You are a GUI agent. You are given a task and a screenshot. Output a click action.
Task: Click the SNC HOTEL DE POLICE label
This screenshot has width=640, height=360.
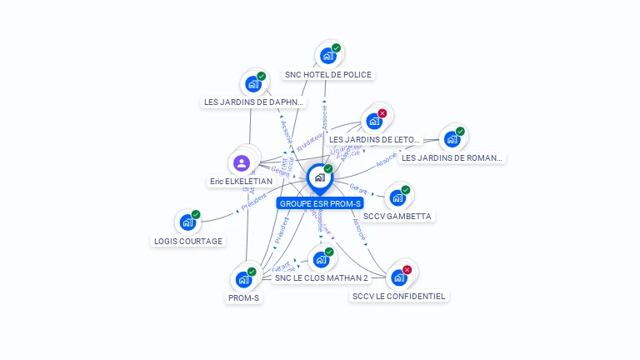pyautogui.click(x=327, y=74)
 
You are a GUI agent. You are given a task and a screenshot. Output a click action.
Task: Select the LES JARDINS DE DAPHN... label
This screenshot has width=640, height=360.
pyautogui.click(x=254, y=102)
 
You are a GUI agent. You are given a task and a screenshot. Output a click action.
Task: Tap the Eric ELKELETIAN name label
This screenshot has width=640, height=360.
pyautogui.click(x=241, y=181)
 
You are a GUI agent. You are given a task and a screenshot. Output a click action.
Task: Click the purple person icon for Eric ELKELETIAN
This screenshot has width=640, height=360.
pyautogui.click(x=242, y=162)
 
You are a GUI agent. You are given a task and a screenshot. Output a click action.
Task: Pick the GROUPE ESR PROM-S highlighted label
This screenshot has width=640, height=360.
pyautogui.click(x=321, y=203)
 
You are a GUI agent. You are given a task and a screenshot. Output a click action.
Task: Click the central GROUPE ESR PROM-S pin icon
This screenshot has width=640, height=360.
pyautogui.click(x=319, y=177)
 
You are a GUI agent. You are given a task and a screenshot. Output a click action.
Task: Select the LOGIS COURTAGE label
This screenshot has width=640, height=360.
pyautogui.click(x=188, y=241)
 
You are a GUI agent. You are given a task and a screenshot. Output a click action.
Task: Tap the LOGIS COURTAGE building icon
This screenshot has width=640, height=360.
pyautogui.click(x=187, y=223)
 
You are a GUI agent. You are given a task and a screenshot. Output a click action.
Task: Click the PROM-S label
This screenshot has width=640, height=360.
pyautogui.click(x=244, y=297)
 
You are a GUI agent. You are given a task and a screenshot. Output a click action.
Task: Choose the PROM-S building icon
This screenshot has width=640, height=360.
pyautogui.click(x=243, y=280)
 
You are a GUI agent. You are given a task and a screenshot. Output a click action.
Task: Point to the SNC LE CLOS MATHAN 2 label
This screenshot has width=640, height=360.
pyautogui.click(x=321, y=277)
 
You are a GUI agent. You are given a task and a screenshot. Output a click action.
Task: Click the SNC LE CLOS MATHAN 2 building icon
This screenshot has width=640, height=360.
pyautogui.click(x=321, y=260)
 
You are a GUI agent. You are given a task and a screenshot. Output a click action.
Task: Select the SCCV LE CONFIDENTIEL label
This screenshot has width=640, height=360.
pyautogui.click(x=399, y=296)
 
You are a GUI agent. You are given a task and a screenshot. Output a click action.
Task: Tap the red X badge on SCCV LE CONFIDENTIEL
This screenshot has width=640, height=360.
pyautogui.click(x=407, y=270)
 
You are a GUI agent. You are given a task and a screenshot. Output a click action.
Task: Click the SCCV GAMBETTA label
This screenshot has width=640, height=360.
pyautogui.click(x=398, y=216)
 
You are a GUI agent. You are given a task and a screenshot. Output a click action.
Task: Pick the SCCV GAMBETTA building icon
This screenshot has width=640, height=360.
pyautogui.click(x=397, y=198)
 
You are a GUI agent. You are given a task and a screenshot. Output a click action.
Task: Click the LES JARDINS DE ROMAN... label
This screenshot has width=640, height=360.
pyautogui.click(x=452, y=157)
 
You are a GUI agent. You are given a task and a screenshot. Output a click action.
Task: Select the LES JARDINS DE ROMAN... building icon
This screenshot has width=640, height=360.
pyautogui.click(x=452, y=140)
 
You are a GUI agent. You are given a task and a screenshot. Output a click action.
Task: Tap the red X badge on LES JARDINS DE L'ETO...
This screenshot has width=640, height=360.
pyautogui.click(x=382, y=113)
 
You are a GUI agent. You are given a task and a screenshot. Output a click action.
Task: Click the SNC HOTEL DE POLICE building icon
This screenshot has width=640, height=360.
pyautogui.click(x=327, y=57)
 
